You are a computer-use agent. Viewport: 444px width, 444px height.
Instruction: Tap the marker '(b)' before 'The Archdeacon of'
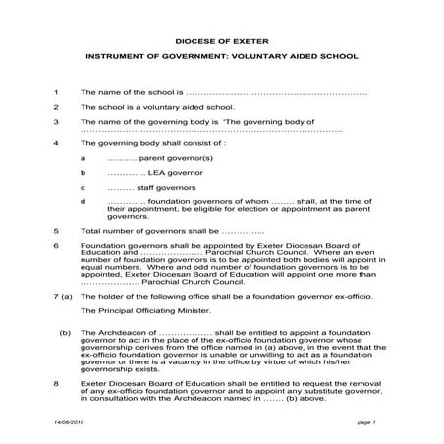point(64,333)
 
